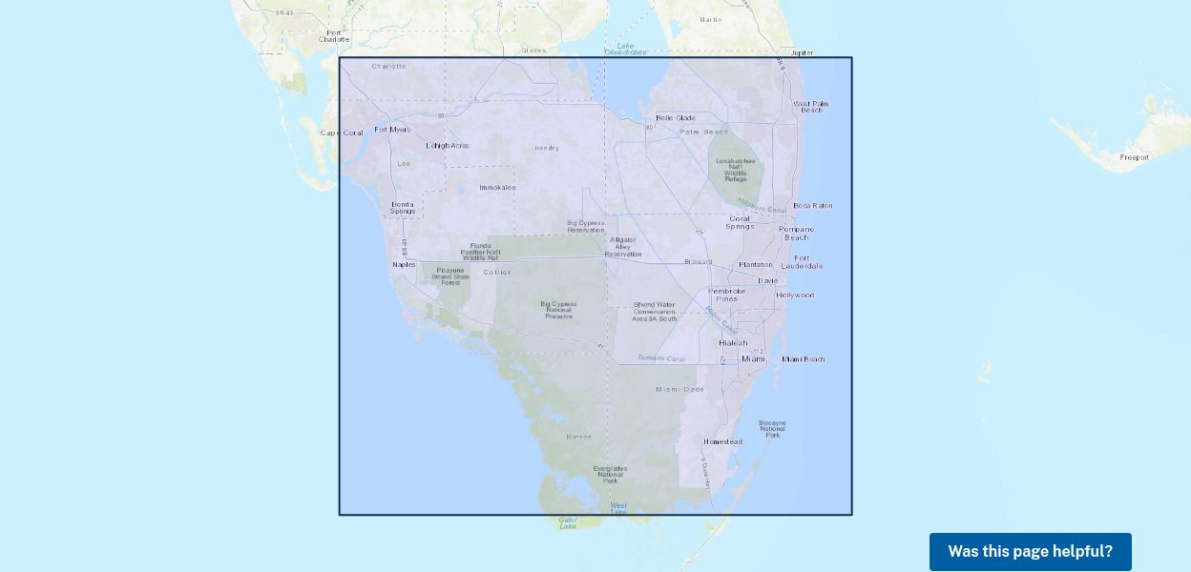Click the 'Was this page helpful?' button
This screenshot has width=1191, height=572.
[x=1030, y=551]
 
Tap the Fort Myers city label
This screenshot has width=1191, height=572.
[x=391, y=130]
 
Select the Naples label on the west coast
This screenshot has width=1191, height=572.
[x=404, y=264]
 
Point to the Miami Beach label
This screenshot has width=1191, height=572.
[x=803, y=359]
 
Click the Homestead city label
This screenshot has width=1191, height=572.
[x=722, y=442]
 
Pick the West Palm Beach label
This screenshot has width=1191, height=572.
[x=810, y=107]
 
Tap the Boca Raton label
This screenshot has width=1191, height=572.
[x=812, y=206]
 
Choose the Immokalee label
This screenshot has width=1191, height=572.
[x=497, y=188]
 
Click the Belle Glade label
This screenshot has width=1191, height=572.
[x=676, y=118]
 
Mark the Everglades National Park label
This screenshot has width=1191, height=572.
[x=610, y=475]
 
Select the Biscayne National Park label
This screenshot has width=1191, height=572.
[x=772, y=428]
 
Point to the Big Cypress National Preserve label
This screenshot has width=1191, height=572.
[x=559, y=310]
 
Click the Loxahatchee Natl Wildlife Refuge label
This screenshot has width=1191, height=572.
[x=737, y=170]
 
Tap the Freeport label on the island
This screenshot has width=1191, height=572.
[x=1135, y=157]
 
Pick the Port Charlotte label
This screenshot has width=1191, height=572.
[x=334, y=36]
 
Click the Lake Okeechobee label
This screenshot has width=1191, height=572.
[x=625, y=50]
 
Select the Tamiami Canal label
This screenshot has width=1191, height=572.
[x=661, y=358]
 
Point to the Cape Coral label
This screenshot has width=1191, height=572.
[x=342, y=133]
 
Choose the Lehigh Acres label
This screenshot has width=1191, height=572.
[x=447, y=146]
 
